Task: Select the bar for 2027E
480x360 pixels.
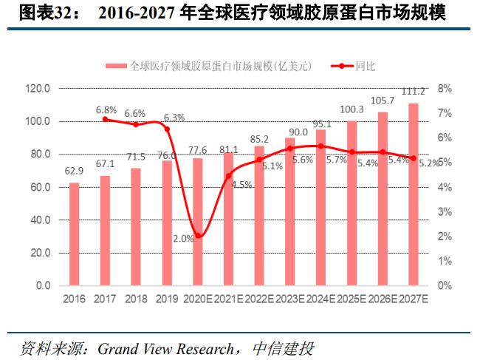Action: coord(414,194)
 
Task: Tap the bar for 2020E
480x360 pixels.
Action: coord(197,221)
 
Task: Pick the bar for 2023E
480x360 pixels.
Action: coord(290,211)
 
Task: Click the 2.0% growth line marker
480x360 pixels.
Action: coord(197,236)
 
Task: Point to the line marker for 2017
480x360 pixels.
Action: coord(105,118)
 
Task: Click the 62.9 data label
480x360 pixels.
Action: coord(74,171)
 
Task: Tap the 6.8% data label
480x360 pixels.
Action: coord(106,109)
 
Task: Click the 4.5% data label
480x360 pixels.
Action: coord(241,185)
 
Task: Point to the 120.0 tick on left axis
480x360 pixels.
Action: coord(37,88)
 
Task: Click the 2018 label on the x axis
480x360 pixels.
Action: coord(136,299)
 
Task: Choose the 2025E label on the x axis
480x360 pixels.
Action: coord(352,299)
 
